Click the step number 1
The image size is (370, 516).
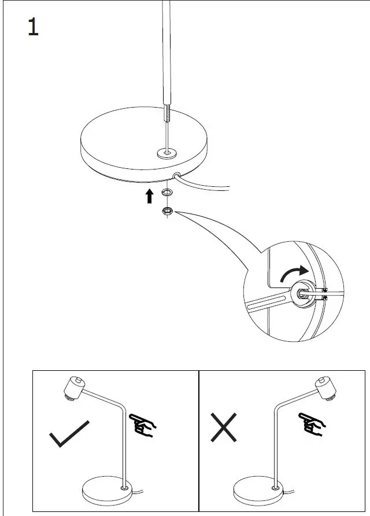(34, 27)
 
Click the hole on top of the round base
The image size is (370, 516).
(168, 153)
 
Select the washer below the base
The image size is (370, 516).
(167, 191)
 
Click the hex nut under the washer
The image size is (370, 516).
(167, 212)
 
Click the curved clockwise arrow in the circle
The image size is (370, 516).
(294, 272)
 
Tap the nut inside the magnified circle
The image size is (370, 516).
(302, 293)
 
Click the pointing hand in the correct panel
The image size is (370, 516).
(143, 425)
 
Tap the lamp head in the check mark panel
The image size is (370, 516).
(73, 387)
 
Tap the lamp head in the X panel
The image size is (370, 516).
(327, 388)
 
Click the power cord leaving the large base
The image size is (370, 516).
(208, 186)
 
